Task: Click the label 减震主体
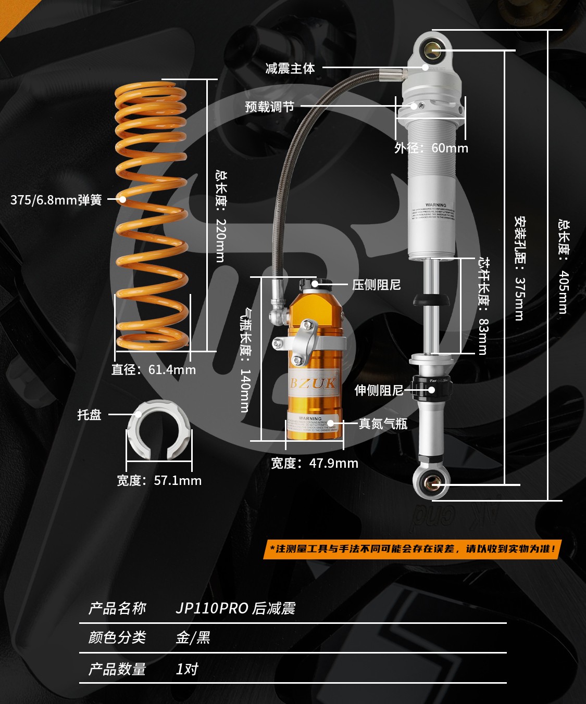pyautogui.click(x=290, y=68)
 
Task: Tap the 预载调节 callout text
pyautogui.click(x=270, y=107)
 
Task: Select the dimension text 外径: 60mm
pyautogui.click(x=431, y=148)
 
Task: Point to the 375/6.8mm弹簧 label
pyautogui.click(x=56, y=200)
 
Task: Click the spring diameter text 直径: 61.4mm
pyautogui.click(x=154, y=369)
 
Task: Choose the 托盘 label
pyautogui.click(x=89, y=415)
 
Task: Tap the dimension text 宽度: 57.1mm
pyautogui.click(x=159, y=480)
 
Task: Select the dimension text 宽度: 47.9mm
pyautogui.click(x=315, y=463)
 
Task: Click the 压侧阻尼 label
pyautogui.click(x=376, y=285)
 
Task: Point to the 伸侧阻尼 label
pyautogui.click(x=379, y=390)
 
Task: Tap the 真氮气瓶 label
pyautogui.click(x=383, y=424)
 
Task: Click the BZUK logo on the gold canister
pyautogui.click(x=313, y=383)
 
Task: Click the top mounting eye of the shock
pyautogui.click(x=432, y=50)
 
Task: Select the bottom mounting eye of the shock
pyautogui.click(x=432, y=483)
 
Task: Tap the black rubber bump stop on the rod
pyautogui.click(x=431, y=300)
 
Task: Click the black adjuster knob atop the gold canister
pyautogui.click(x=315, y=284)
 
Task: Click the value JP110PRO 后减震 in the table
pyautogui.click(x=235, y=608)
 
